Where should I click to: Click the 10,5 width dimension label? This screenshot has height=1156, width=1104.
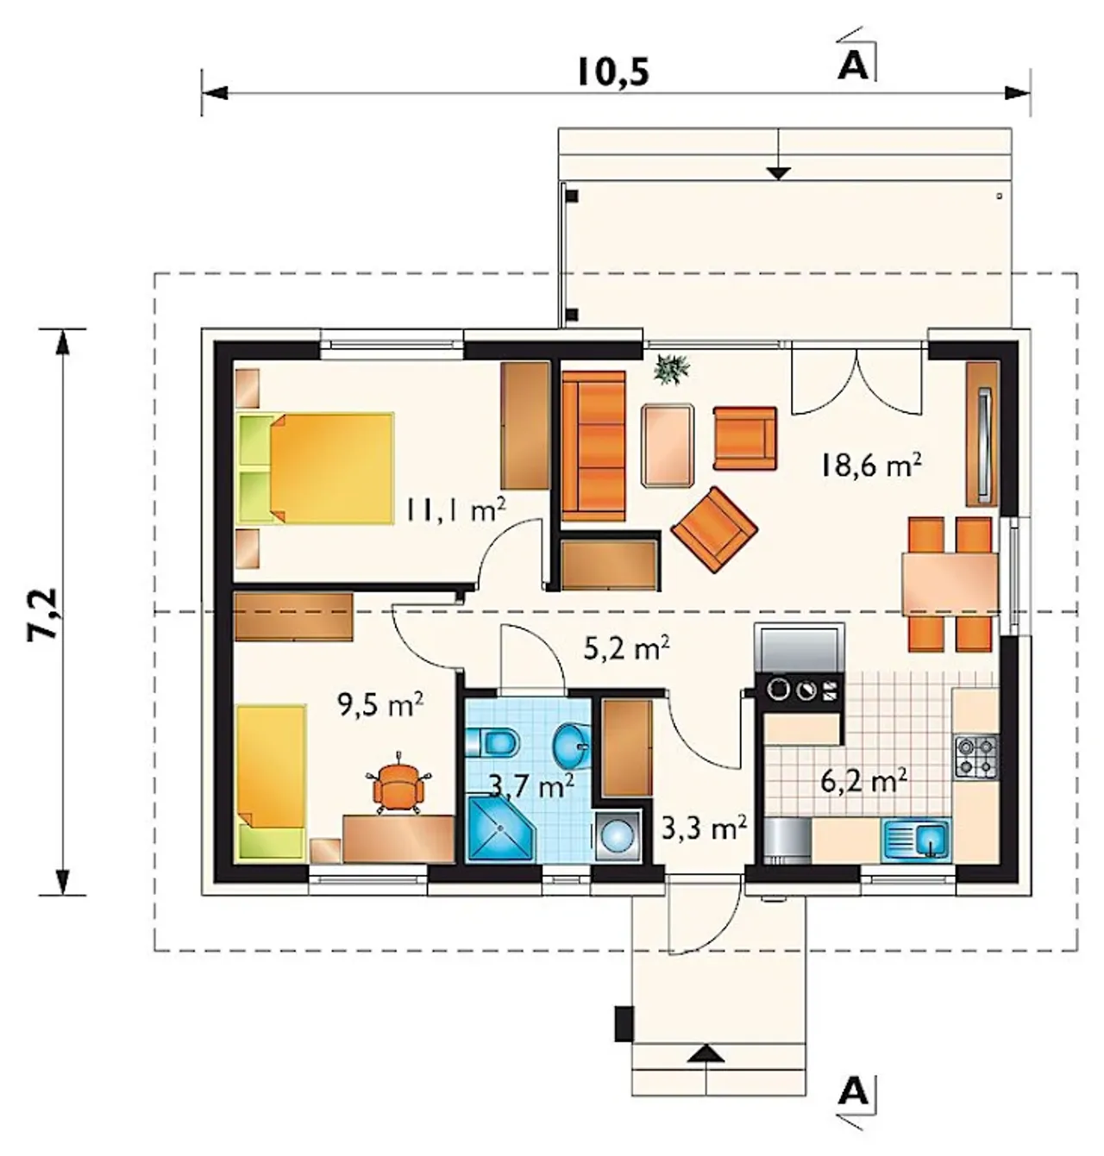point(612,72)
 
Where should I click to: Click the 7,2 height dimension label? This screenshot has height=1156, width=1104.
point(43,612)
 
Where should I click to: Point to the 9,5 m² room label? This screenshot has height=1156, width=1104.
point(380,703)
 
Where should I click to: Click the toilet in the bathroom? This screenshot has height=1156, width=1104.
point(492,742)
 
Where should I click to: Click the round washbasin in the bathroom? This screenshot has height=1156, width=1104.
point(570,747)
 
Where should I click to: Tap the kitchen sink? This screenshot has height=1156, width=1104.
point(916,839)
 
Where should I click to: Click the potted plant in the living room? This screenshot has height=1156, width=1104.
point(672,369)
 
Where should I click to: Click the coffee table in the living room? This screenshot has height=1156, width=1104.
point(668,445)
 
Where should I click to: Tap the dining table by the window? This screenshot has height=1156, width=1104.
point(950,583)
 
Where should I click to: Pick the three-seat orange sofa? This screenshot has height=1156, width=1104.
point(593,446)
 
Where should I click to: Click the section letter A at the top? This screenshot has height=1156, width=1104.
point(853,66)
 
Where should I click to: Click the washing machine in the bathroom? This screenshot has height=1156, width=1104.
point(617,837)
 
